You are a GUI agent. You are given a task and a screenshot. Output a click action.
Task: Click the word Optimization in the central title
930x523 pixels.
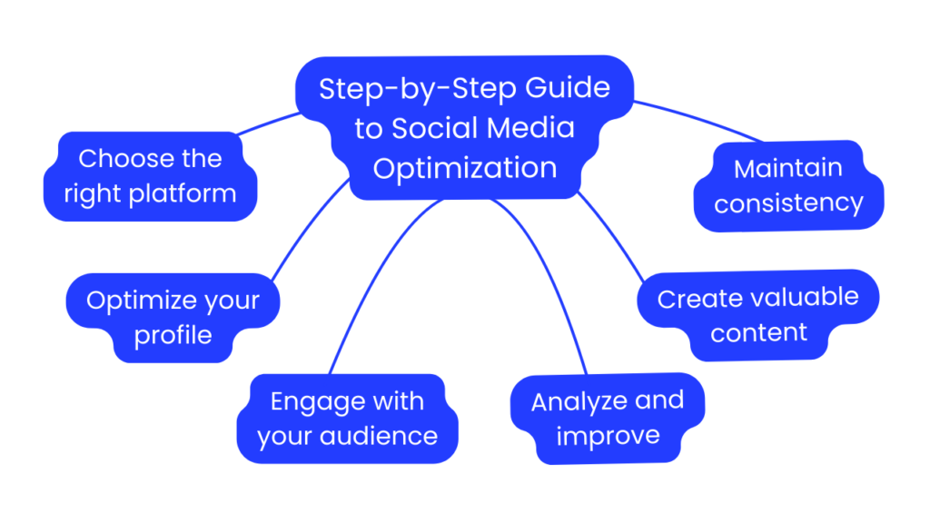(465, 169)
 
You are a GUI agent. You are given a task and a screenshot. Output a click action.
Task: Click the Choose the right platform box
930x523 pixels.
(151, 175)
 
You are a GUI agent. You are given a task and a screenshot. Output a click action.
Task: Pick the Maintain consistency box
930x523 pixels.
(787, 185)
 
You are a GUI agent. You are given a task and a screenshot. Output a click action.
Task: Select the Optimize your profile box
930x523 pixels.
(173, 318)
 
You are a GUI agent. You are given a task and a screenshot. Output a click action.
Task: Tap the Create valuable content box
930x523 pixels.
(758, 314)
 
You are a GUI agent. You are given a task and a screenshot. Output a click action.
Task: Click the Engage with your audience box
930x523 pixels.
(347, 419)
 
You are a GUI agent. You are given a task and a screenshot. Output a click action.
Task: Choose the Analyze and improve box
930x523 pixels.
(607, 419)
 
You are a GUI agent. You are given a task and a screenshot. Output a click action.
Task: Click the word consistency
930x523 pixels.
(788, 203)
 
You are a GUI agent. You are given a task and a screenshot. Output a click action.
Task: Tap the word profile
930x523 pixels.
(173, 336)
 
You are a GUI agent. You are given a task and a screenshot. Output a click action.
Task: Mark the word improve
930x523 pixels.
(608, 437)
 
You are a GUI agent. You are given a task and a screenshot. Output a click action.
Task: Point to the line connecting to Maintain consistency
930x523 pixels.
(699, 118)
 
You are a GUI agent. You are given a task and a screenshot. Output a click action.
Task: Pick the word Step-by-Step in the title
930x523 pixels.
(408, 89)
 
